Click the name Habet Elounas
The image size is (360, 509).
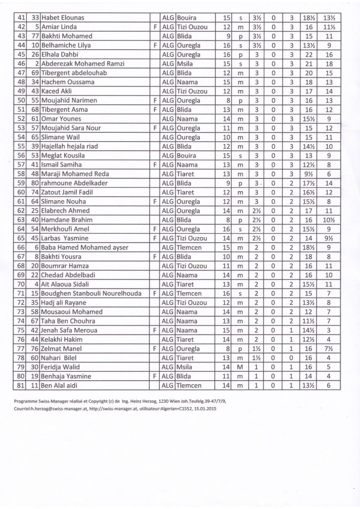(x=63, y=17)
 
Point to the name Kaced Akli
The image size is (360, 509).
(x=58, y=91)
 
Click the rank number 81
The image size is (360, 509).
(x=21, y=386)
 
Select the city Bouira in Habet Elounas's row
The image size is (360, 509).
(x=187, y=17)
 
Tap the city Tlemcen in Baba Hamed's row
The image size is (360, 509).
(x=189, y=248)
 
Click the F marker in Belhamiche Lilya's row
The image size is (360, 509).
(x=156, y=45)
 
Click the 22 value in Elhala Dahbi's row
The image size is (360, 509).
(x=310, y=54)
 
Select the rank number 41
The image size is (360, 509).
(x=21, y=17)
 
